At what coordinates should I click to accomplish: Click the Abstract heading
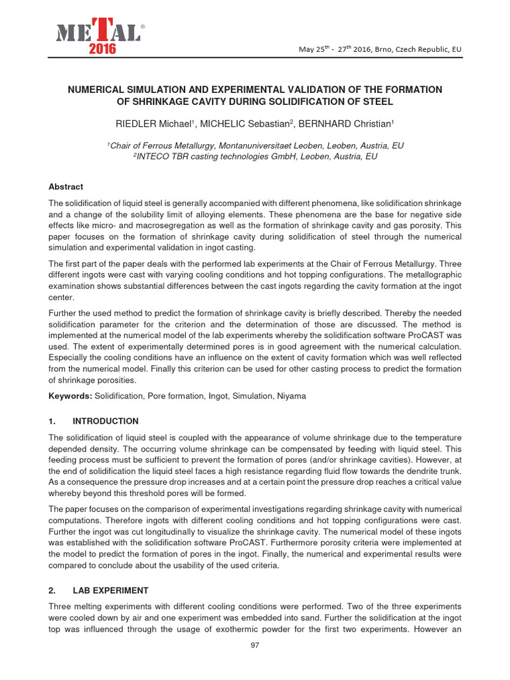point(66,187)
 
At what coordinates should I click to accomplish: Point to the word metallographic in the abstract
point(418,274)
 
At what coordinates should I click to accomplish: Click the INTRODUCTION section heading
point(106,421)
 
